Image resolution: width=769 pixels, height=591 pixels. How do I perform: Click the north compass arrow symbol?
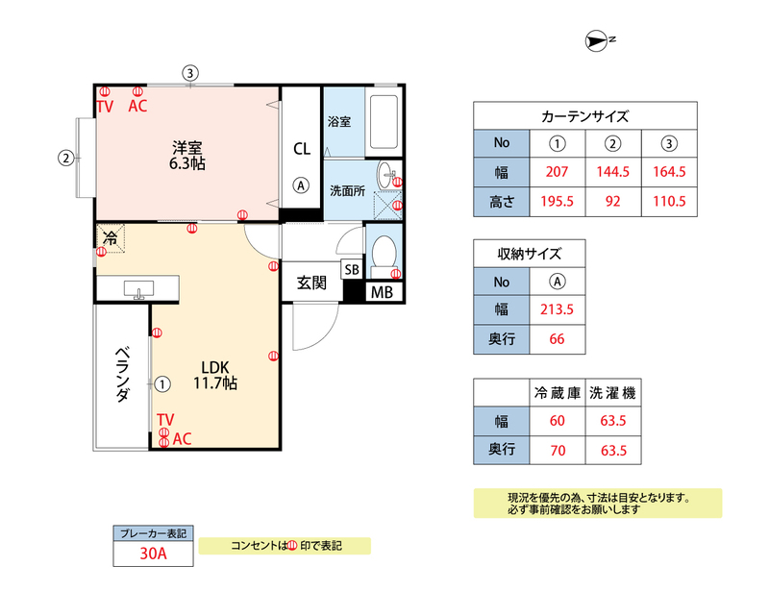point(596,40)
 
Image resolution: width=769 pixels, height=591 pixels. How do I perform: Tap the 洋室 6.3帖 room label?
point(186,156)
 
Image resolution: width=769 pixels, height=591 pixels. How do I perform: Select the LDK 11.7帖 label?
point(215,375)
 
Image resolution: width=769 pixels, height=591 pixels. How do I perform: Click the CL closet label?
point(302,149)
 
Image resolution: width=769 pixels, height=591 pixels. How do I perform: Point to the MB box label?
point(382,292)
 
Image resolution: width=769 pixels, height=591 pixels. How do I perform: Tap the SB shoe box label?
point(352,270)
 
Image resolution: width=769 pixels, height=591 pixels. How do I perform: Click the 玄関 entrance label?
point(311,283)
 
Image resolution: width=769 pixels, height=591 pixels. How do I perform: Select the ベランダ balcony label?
point(123,374)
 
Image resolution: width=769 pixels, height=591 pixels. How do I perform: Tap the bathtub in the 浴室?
point(384,122)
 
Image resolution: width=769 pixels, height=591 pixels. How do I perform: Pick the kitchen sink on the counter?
point(138,289)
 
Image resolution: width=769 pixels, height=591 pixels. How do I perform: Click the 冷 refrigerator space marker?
point(111,238)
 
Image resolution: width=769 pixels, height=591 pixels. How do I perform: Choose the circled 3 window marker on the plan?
point(190,74)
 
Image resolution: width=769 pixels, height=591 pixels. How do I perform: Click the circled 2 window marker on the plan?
point(65,158)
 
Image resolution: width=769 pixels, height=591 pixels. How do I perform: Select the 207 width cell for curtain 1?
point(558,172)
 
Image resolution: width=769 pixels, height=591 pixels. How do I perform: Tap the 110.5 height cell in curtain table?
point(669,201)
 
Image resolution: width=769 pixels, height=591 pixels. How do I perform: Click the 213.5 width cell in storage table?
point(558,309)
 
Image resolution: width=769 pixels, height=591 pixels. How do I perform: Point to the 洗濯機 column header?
point(613,392)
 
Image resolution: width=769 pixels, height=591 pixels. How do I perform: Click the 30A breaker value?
point(154,554)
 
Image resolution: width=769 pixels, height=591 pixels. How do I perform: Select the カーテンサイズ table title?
point(585,116)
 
